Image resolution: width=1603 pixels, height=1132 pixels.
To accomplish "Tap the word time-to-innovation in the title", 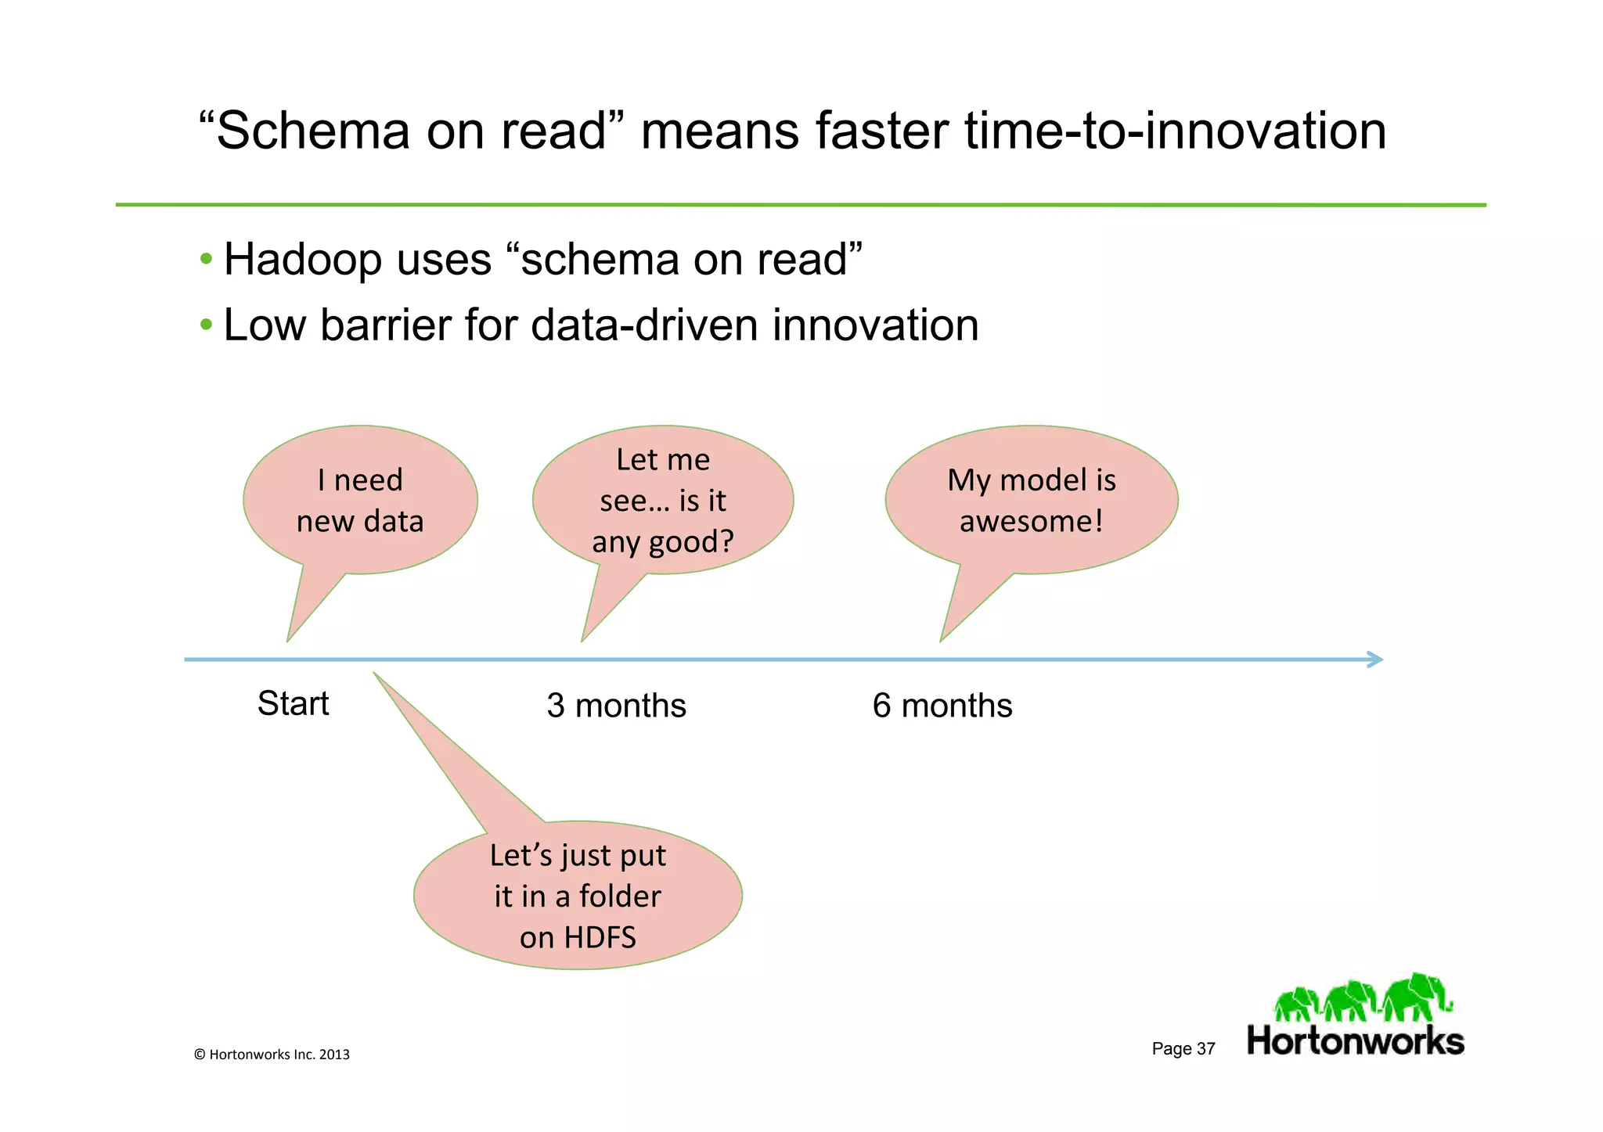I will click(x=1174, y=131).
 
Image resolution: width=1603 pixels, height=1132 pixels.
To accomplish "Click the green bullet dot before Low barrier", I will click(x=206, y=324).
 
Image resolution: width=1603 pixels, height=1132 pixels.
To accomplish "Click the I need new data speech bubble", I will click(x=360, y=501).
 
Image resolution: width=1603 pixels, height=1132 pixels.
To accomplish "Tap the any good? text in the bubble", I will click(x=662, y=541).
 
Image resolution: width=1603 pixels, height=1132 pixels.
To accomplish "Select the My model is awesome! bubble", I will click(x=1031, y=501).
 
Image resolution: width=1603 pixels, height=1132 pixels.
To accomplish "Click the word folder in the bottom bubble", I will click(x=620, y=897).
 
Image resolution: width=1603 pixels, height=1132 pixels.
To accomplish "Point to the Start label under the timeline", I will click(x=294, y=703).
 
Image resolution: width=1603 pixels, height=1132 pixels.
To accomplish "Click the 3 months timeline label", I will click(x=616, y=706).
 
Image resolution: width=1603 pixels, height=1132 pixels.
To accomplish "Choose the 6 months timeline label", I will click(x=942, y=706).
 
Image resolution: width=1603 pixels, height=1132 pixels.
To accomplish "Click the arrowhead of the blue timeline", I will click(x=1375, y=659).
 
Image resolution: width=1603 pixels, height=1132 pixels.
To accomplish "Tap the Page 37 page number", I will click(x=1183, y=1049).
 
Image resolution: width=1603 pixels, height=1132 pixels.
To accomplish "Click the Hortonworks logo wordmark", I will click(x=1355, y=1041).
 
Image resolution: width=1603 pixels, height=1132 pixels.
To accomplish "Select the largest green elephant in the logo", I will click(x=1415, y=996).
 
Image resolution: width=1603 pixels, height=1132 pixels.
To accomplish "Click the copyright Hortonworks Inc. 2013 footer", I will click(x=272, y=1055).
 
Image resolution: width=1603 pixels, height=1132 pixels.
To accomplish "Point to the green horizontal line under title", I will click(x=800, y=205).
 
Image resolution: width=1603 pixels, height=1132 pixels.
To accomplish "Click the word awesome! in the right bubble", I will click(x=1031, y=521).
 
